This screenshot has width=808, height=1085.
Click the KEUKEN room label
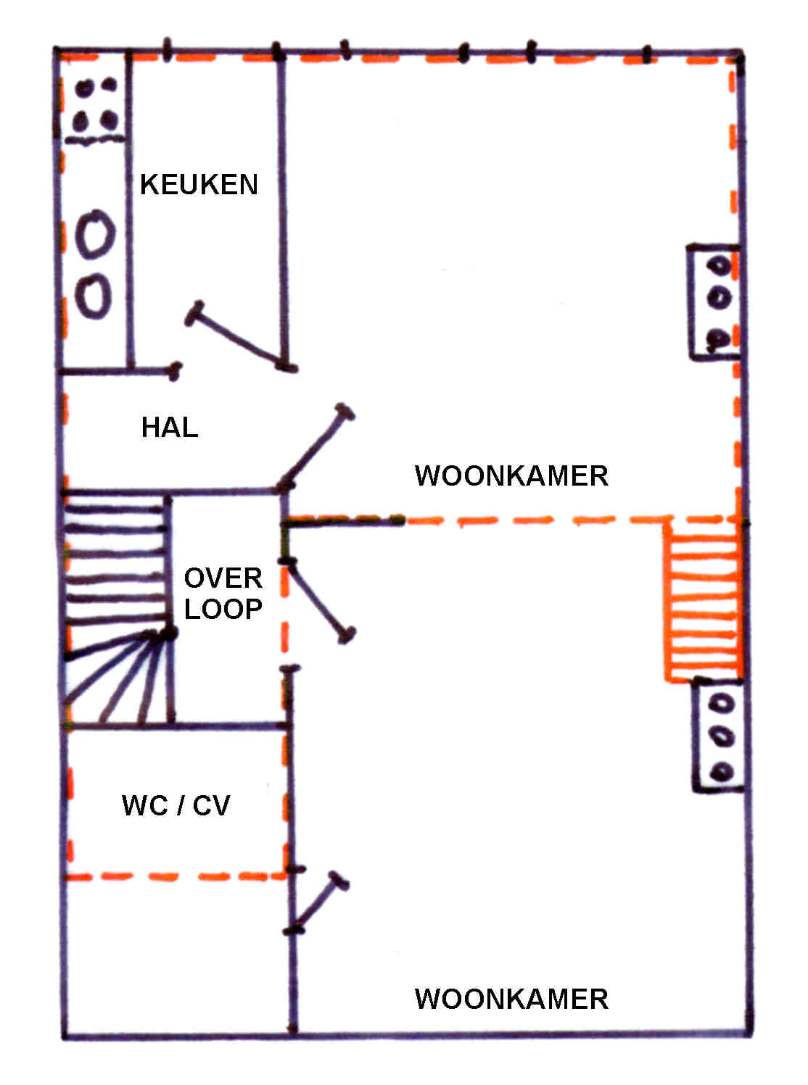coord(199,184)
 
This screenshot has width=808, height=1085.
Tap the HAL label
coord(170,428)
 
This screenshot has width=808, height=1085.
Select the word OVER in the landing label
coord(223,578)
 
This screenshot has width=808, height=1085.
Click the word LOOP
coord(223,609)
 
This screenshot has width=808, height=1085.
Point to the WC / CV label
coord(176,805)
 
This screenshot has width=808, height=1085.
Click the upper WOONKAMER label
coord(511,476)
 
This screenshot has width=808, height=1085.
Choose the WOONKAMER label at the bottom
coord(511,999)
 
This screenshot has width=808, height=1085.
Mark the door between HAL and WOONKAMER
coord(316,447)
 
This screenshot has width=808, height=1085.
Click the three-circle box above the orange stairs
coord(715,302)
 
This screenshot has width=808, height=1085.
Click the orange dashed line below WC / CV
coord(174,876)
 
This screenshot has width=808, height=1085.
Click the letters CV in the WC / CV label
coord(211,805)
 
